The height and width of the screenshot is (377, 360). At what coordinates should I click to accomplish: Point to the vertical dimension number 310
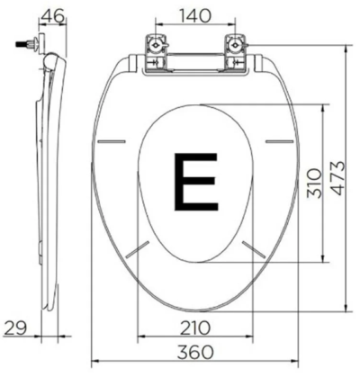(310, 184)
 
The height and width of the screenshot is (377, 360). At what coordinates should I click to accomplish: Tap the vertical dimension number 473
(334, 184)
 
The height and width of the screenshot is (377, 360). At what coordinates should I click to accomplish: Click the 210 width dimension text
(194, 326)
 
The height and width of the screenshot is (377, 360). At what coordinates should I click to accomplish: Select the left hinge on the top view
(153, 50)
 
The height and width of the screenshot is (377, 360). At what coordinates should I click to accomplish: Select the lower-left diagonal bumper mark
(137, 249)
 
